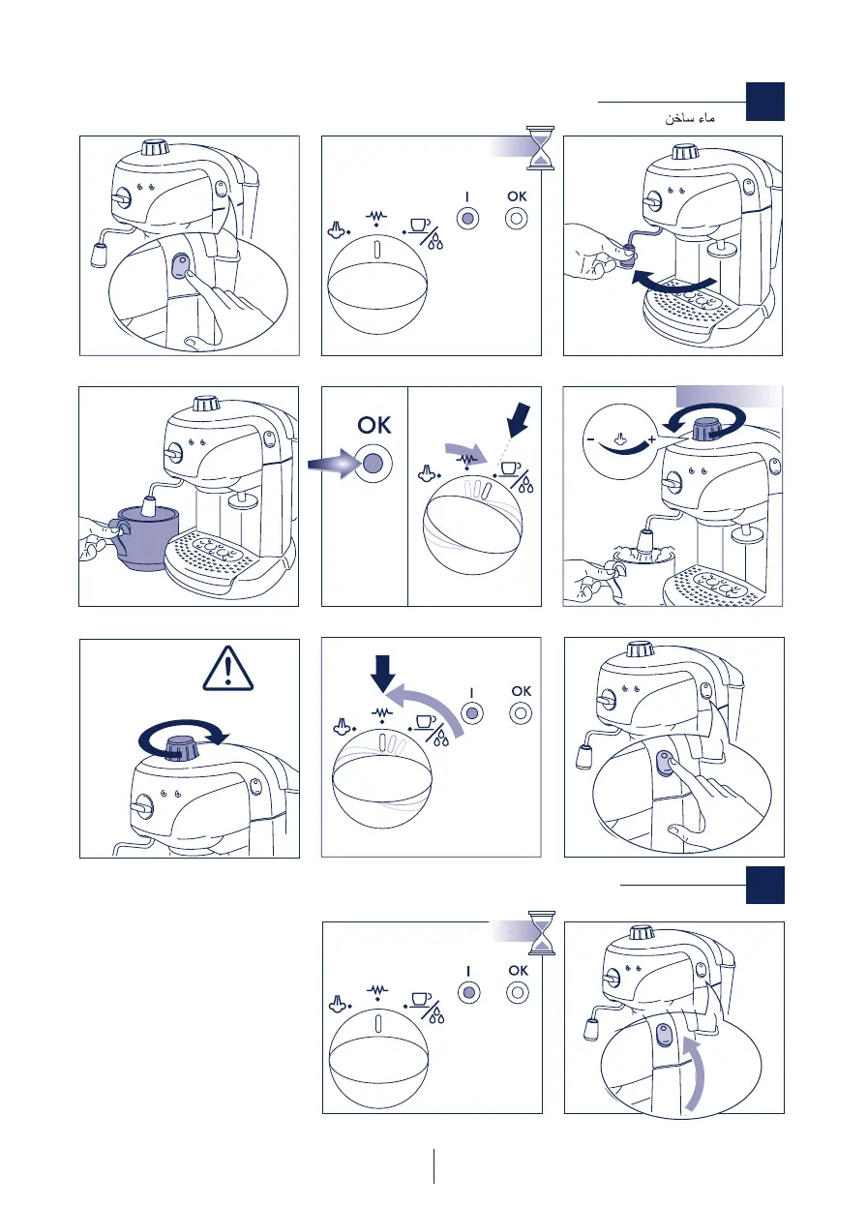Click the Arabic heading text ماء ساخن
click(x=689, y=118)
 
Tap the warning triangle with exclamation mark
click(x=228, y=669)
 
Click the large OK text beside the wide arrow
click(x=374, y=425)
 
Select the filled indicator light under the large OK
click(x=373, y=464)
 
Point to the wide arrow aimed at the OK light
click(x=330, y=464)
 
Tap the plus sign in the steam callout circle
click(x=652, y=439)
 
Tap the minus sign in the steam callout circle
click(x=590, y=439)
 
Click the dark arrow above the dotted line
click(x=519, y=420)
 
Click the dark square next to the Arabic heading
click(x=764, y=102)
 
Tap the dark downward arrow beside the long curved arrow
click(x=383, y=673)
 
